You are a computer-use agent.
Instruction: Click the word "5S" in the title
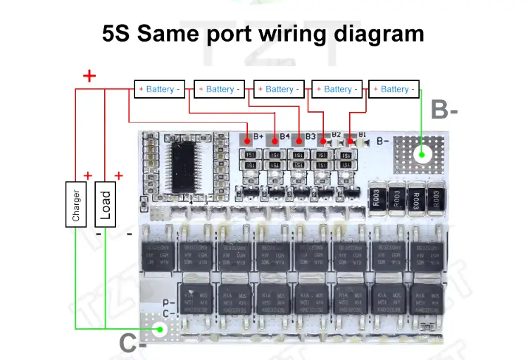(118, 33)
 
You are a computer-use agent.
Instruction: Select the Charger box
(75, 204)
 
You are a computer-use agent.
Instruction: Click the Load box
(104, 204)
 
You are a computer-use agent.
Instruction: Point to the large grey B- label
(445, 110)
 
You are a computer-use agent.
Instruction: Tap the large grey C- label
(132, 345)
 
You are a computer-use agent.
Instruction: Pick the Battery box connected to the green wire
(394, 89)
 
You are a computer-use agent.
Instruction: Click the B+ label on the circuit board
(258, 136)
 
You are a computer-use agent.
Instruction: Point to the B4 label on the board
(284, 136)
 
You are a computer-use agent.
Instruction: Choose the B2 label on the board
(337, 135)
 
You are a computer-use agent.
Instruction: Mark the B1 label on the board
(362, 135)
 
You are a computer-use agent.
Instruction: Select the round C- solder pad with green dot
(160, 328)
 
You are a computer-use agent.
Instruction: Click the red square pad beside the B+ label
(246, 140)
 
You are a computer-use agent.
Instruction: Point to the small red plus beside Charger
(88, 175)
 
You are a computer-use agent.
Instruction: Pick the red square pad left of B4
(273, 140)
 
